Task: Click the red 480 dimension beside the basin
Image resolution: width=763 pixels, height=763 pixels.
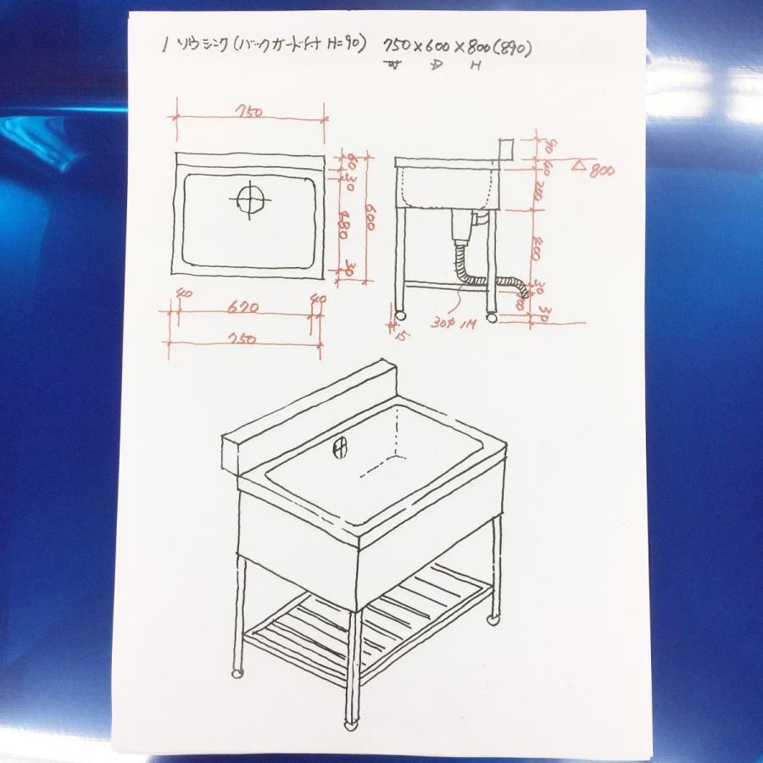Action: coord(344,225)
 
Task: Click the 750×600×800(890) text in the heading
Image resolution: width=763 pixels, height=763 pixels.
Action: coord(457,50)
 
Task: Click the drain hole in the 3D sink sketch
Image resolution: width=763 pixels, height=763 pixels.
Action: coord(341,445)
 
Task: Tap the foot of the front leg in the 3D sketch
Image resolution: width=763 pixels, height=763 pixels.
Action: coord(350,725)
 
